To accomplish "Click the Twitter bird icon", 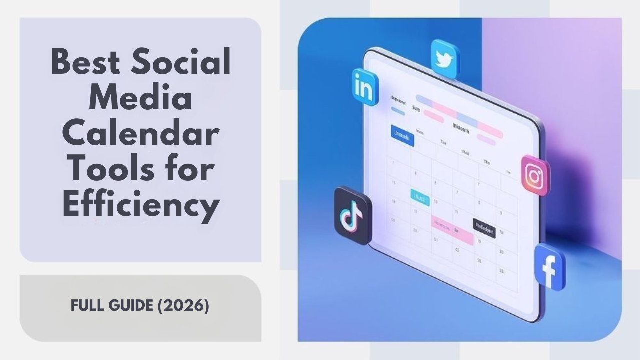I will (x=444, y=59).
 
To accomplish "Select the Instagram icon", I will (x=535, y=175).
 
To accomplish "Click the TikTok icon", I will (x=353, y=215).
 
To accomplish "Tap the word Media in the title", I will (x=140, y=99).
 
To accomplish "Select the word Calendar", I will (x=140, y=134).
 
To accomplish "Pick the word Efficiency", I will (x=140, y=206).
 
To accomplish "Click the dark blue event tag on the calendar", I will (x=402, y=136).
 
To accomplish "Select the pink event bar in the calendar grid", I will (x=452, y=231).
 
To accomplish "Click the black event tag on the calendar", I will (x=484, y=228).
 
